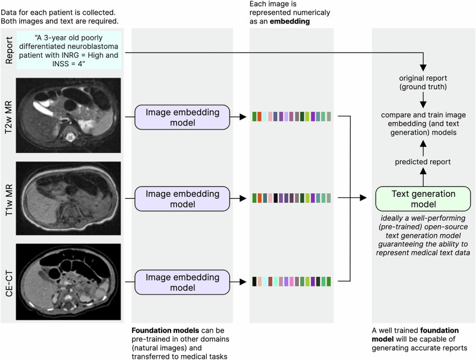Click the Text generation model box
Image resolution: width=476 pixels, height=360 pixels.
click(x=423, y=199)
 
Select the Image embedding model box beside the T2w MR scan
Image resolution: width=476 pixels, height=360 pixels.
click(x=182, y=117)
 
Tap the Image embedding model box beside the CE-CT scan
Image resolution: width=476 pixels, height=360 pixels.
click(x=182, y=282)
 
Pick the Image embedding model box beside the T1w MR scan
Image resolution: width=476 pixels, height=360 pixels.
click(x=182, y=199)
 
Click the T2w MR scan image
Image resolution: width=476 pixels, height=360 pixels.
click(x=68, y=115)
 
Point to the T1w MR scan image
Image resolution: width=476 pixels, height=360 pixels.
click(x=68, y=198)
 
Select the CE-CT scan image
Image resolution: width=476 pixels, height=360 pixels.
click(x=68, y=282)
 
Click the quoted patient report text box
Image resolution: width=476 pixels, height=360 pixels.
click(x=69, y=51)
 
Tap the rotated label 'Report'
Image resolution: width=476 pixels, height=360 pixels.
click(x=9, y=50)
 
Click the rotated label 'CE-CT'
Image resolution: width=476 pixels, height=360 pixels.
click(x=9, y=284)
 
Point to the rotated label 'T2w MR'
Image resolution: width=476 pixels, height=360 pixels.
click(x=9, y=117)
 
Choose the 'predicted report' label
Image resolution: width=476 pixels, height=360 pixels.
click(x=422, y=162)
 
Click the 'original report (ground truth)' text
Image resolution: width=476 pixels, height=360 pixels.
click(x=423, y=82)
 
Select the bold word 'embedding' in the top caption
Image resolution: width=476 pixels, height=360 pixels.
click(x=290, y=21)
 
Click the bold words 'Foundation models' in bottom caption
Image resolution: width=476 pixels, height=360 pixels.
click(x=166, y=331)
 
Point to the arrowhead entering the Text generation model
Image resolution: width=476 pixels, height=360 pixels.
click(x=363, y=198)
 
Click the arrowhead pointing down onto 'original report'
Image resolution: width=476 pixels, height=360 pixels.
click(x=423, y=67)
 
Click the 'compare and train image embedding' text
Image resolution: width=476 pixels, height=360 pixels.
click(x=423, y=119)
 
